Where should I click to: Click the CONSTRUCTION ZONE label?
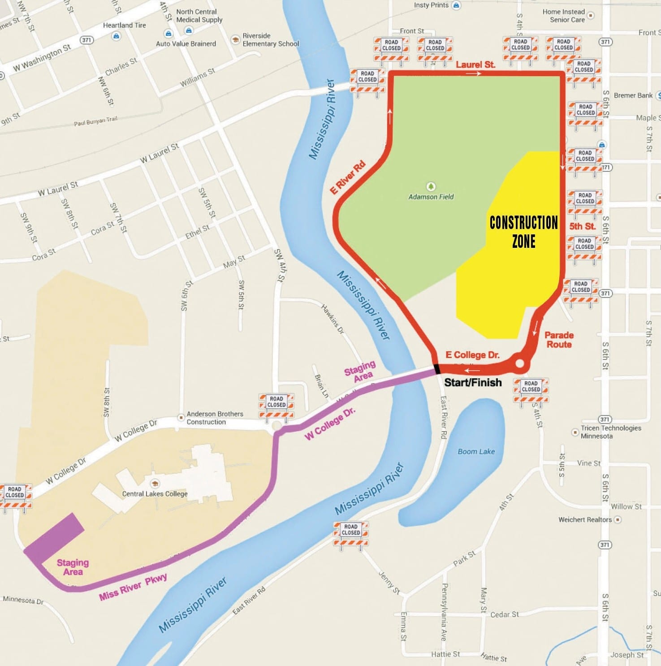(523, 232)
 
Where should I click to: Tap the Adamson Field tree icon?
(431, 186)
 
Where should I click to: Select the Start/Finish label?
(473, 382)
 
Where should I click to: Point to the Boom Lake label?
(476, 451)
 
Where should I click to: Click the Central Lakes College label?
(155, 493)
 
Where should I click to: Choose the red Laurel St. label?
(475, 65)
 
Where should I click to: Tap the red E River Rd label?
(348, 177)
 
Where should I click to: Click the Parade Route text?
(559, 340)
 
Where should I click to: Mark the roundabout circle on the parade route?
(520, 363)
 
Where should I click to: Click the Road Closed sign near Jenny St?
(351, 533)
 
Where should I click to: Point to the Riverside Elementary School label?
(270, 39)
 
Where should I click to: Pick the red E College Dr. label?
(472, 355)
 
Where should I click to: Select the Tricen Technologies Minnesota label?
(611, 432)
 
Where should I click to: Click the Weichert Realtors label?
(585, 519)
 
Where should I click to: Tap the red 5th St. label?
(582, 226)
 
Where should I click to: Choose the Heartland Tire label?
(124, 25)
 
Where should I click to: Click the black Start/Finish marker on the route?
(437, 369)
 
